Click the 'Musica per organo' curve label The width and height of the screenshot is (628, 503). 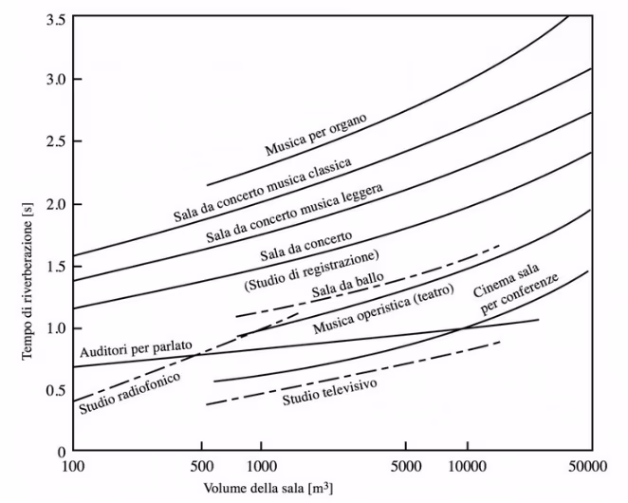pyautogui.click(x=317, y=135)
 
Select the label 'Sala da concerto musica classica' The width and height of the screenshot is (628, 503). pyautogui.click(x=263, y=190)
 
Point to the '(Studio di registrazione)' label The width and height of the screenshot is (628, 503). pyautogui.click(x=311, y=270)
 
